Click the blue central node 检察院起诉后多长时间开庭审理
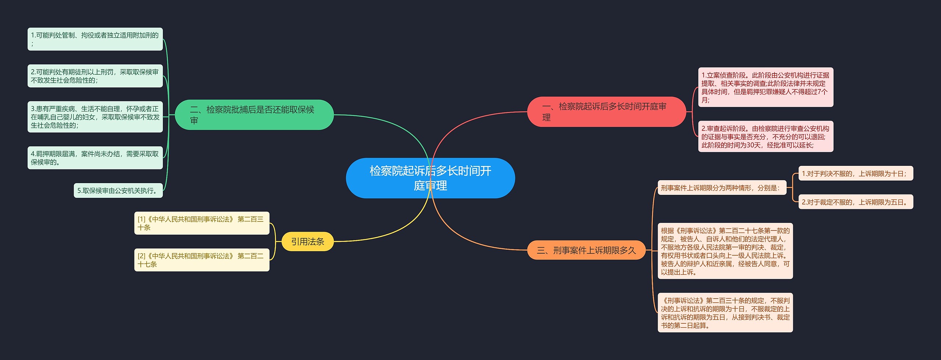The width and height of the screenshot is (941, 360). click(x=430, y=178)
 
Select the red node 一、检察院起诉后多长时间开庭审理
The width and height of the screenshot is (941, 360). click(x=606, y=112)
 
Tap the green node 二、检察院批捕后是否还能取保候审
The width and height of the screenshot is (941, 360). click(x=254, y=115)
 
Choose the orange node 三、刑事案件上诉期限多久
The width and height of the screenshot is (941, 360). click(x=586, y=250)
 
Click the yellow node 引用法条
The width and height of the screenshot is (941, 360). click(x=307, y=242)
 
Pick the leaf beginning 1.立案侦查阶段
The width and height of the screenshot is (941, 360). click(x=765, y=87)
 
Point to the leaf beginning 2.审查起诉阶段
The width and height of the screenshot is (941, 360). click(x=765, y=136)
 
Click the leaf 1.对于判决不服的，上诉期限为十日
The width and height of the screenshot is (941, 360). click(x=855, y=174)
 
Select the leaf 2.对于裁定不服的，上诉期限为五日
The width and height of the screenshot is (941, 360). click(x=855, y=202)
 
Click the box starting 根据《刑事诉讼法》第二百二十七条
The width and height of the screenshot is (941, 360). click(x=725, y=251)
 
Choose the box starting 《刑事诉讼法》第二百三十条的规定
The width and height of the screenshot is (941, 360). click(x=725, y=313)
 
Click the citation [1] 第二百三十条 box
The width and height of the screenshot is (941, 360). click(x=201, y=223)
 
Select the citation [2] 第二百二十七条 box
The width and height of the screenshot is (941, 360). click(x=201, y=260)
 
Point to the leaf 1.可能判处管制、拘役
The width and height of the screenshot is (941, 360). click(x=95, y=39)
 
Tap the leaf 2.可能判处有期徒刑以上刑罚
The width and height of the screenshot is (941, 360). click(x=95, y=76)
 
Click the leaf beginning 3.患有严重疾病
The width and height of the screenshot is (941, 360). click(x=95, y=117)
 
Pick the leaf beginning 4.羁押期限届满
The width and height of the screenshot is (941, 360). click(x=95, y=158)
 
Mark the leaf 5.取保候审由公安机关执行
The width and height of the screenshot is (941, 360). click(x=118, y=190)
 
